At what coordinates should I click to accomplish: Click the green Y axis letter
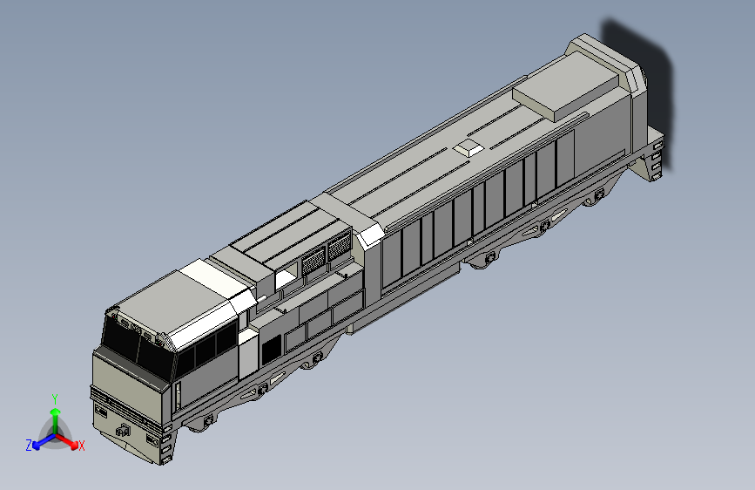(x=54, y=399)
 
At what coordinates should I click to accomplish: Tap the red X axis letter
(x=81, y=446)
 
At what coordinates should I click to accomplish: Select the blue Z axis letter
(x=29, y=446)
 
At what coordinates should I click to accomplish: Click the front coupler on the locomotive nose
(x=124, y=430)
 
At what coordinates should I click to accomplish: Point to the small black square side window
(x=271, y=349)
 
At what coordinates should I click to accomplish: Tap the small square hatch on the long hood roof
(x=469, y=147)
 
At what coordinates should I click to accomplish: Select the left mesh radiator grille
(x=313, y=261)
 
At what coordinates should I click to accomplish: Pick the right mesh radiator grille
(x=339, y=247)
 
